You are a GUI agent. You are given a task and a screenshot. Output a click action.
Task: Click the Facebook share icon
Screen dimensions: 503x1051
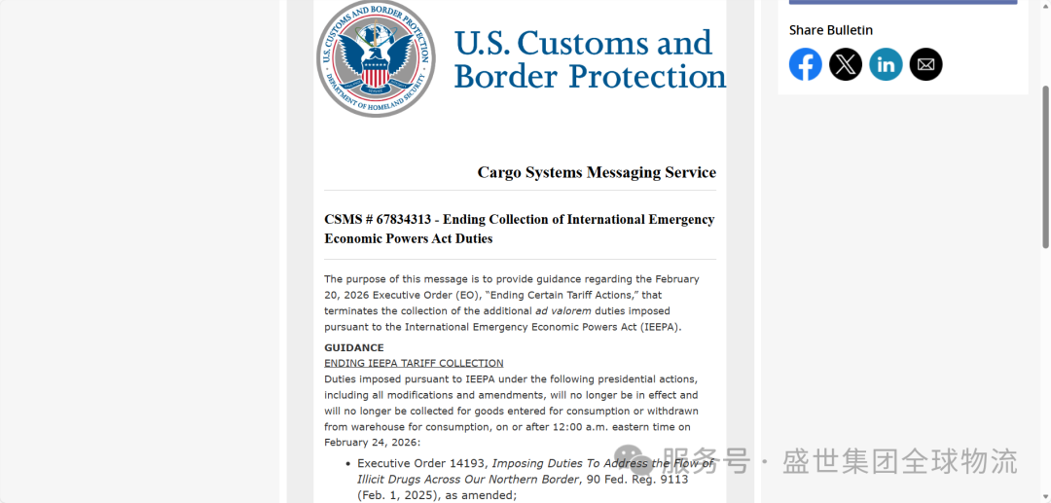(805, 64)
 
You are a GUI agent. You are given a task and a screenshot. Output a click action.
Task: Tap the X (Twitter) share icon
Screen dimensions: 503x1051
(846, 64)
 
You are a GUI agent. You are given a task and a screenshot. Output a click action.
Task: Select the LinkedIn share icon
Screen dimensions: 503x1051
(886, 64)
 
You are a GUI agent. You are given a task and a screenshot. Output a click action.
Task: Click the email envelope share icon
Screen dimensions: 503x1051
(925, 64)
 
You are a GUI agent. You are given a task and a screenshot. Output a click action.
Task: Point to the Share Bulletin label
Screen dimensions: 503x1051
(830, 30)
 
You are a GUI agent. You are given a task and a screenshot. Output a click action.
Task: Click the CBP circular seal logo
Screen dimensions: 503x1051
(376, 58)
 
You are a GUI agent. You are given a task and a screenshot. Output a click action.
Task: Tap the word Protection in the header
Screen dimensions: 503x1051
(647, 76)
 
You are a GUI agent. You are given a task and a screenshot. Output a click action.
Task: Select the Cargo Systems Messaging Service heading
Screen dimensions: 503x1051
(597, 172)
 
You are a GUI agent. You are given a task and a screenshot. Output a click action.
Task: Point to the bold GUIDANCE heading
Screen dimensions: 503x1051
(353, 347)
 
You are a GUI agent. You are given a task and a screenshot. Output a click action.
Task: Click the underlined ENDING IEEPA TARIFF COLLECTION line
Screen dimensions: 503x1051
(414, 363)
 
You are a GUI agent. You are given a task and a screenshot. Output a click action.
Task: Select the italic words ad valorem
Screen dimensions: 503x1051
(562, 311)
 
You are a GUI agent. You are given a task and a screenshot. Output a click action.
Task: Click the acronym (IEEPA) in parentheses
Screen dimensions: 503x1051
(659, 327)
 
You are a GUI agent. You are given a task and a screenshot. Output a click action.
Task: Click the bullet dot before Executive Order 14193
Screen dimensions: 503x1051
(347, 464)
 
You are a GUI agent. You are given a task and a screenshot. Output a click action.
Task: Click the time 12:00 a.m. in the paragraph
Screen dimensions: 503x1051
(575, 427)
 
